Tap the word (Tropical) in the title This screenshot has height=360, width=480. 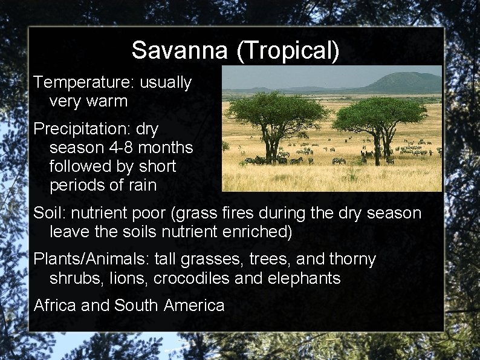[x=288, y=51]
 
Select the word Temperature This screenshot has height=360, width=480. [x=84, y=83]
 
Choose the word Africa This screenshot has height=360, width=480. [x=55, y=306]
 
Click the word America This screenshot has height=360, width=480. [x=193, y=306]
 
